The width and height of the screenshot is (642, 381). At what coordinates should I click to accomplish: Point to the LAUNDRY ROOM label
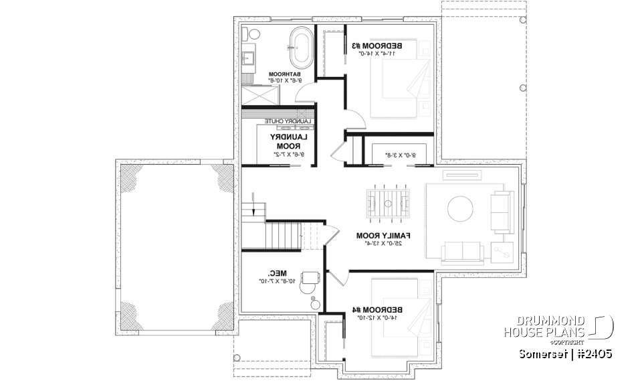point(286,141)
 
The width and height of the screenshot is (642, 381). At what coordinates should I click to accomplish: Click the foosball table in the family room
point(388,200)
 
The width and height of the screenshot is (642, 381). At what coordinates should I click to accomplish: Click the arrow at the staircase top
point(253,207)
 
